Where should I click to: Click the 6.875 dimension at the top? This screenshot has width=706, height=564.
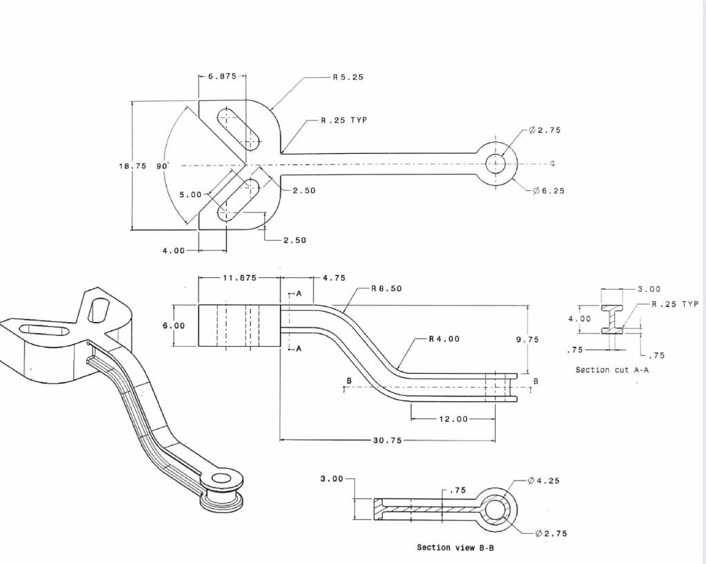pos(222,77)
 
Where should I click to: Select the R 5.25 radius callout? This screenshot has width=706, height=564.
pos(347,77)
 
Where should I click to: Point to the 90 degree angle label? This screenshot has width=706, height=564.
pos(163,166)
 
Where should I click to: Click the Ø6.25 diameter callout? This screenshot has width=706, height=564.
pos(548,191)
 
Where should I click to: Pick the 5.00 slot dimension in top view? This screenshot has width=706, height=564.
pos(190,195)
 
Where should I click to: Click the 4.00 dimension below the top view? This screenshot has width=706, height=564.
pos(174,251)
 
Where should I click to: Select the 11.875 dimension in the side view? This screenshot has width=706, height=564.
pos(239,278)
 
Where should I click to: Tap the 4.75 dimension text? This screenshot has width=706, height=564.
pos(334,278)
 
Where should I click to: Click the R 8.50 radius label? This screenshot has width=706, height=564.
pos(386,289)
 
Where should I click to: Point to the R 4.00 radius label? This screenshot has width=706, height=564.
pos(444,339)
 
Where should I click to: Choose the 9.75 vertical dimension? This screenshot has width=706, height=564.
pos(527,339)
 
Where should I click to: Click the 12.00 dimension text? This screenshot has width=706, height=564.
pos(453,419)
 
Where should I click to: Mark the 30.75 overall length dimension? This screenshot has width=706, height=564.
pos(387,441)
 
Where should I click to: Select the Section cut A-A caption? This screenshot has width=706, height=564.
pos(612,370)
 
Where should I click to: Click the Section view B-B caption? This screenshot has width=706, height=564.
pos(455,547)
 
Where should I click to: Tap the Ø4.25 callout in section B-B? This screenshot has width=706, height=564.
pos(545,481)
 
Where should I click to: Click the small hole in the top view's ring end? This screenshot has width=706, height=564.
pos(496,164)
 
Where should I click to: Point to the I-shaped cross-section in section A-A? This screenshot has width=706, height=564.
pos(610,319)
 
